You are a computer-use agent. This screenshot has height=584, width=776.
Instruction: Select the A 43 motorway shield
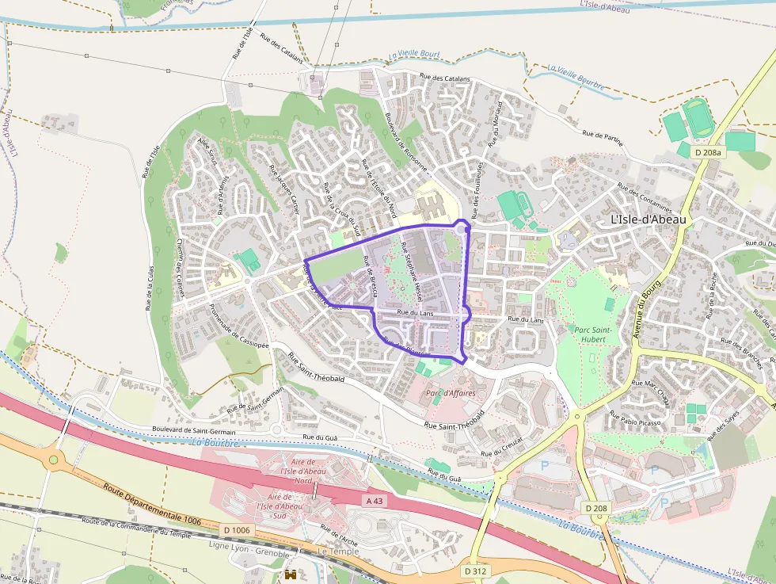(375, 501)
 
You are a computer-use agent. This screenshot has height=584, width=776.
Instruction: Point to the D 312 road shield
(475, 571)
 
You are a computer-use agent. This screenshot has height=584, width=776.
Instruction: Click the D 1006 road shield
(236, 530)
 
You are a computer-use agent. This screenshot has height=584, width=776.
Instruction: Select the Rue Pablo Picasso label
(635, 420)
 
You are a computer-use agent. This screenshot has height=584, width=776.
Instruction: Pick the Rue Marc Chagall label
(650, 392)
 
